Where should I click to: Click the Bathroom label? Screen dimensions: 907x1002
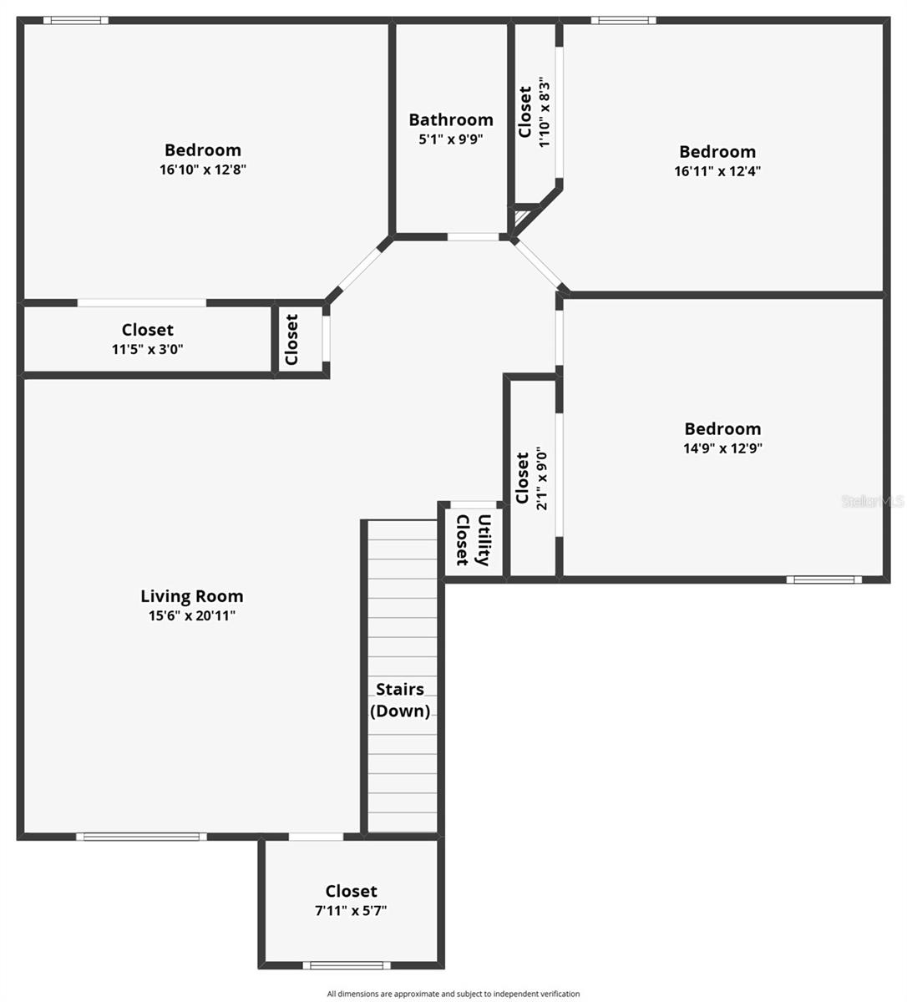[451, 120]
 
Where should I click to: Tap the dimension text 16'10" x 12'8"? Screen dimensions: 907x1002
[203, 170]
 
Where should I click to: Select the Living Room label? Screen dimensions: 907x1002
[192, 596]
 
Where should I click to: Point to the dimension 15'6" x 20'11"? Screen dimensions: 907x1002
[192, 616]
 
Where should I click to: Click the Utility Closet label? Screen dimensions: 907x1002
[474, 540]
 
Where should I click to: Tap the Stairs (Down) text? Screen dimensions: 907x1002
[400, 701]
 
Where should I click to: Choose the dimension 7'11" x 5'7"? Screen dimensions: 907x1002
[351, 911]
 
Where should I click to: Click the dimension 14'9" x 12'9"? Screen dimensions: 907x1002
[722, 448]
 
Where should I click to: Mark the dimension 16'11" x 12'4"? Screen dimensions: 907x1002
[717, 171]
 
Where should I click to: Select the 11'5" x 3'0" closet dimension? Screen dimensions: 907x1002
[148, 349]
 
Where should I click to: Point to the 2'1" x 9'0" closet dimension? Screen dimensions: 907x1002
[542, 478]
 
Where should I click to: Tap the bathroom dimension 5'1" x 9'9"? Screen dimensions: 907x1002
[451, 139]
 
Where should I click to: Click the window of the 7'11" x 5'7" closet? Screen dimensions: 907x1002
[347, 965]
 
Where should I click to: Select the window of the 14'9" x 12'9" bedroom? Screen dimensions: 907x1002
[824, 579]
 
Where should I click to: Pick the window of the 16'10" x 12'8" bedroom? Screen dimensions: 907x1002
[76, 21]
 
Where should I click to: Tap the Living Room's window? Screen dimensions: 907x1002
[141, 837]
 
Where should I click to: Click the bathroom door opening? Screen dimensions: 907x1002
[474, 237]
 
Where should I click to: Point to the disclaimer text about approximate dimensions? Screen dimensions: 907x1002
[453, 994]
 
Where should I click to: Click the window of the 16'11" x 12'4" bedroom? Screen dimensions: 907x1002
[624, 21]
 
